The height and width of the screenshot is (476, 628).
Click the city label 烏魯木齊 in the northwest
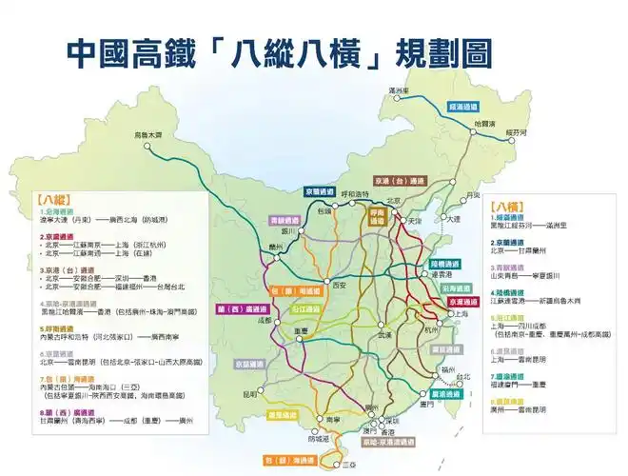148,134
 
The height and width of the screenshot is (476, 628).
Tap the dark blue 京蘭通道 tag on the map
322,190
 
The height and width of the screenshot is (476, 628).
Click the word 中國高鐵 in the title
133,52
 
